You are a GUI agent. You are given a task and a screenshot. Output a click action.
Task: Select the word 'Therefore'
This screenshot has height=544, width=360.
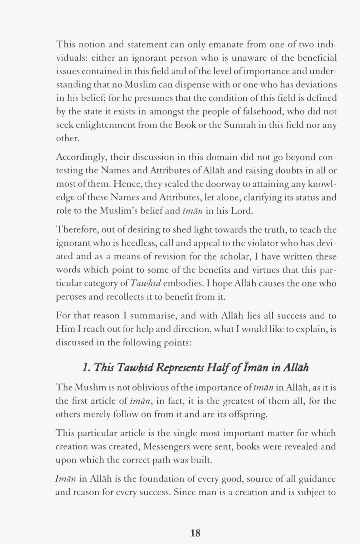pos(74,230)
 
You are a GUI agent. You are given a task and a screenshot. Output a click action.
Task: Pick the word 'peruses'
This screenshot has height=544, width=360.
pos(69,297)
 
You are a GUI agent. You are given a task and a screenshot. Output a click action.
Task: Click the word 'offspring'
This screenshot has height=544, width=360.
pos(248,415)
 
